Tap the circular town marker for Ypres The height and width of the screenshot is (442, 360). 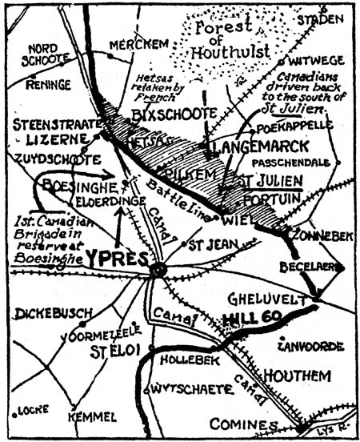click(x=158, y=271)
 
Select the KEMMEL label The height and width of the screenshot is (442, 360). click(x=93, y=417)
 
